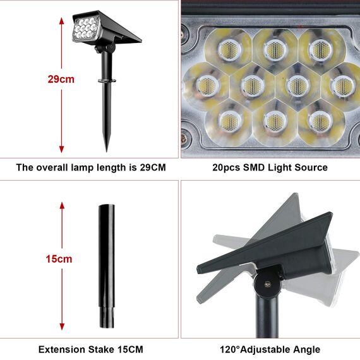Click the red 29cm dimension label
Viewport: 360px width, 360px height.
pos(61,80)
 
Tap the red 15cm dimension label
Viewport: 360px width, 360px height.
pos(59,259)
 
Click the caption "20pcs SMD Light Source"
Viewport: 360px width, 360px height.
pos(270,167)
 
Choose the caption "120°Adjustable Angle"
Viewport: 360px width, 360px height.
pos(270,349)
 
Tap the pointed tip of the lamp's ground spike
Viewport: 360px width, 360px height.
pos(106,150)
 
